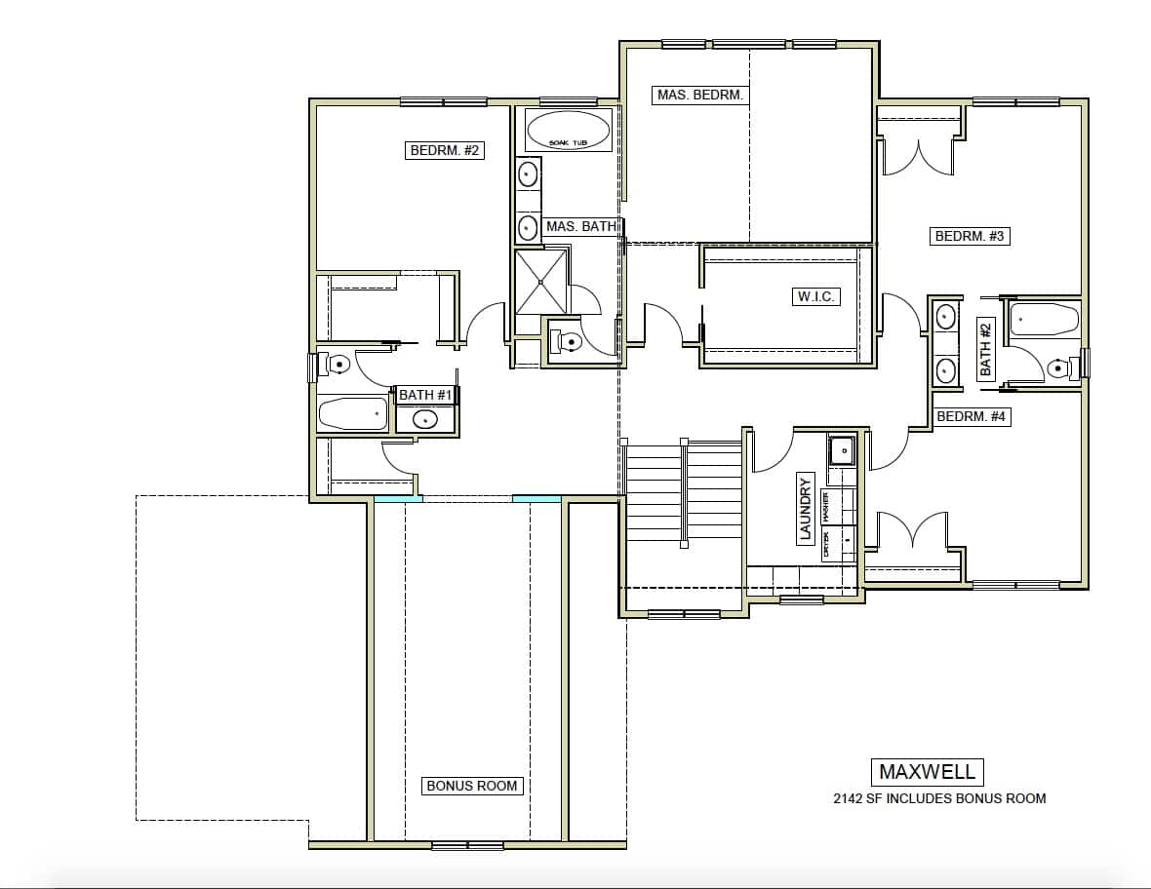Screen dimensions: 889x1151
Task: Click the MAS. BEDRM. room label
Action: pos(700,95)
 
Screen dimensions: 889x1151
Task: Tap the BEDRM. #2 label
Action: pos(444,150)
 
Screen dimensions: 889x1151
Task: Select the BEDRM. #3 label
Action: pos(970,236)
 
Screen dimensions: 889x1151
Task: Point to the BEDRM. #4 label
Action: pos(971,416)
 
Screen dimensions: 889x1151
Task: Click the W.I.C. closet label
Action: pos(814,296)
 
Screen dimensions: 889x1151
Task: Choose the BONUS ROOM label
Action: pos(472,786)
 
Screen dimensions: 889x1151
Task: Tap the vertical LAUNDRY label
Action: pos(806,508)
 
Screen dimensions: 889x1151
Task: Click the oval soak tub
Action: pos(569,131)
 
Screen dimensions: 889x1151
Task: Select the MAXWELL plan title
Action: pos(927,772)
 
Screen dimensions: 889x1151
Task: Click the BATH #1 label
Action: pos(426,395)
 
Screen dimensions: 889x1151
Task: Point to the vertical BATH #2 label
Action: pos(985,349)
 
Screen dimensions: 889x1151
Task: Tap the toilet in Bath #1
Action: pos(337,365)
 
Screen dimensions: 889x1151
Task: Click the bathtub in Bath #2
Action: pos(1044,319)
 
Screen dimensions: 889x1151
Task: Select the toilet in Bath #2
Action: pos(1058,367)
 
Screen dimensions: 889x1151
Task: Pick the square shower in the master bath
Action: pos(541,282)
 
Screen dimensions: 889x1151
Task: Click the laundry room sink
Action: pos(841,450)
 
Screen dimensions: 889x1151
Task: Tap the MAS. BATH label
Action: pos(580,226)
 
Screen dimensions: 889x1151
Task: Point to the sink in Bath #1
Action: pos(425,420)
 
